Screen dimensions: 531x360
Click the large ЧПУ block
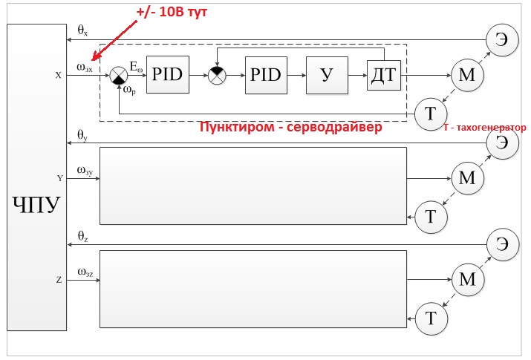pyautogui.click(x=36, y=177)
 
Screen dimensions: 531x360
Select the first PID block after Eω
pyautogui.click(x=168, y=74)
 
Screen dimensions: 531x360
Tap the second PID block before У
pyautogui.click(x=266, y=75)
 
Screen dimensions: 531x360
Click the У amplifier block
pyautogui.click(x=327, y=75)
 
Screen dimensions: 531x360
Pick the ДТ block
pyautogui.click(x=384, y=75)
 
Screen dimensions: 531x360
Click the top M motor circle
pyautogui.click(x=467, y=75)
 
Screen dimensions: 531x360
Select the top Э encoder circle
pyautogui.click(x=502, y=39)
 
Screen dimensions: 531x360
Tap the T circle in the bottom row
pyautogui.click(x=431, y=318)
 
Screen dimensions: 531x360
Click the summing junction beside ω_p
pyautogui.click(x=119, y=76)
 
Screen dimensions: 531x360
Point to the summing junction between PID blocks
pyautogui.click(x=217, y=76)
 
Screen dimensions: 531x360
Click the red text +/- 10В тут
pyautogui.click(x=172, y=12)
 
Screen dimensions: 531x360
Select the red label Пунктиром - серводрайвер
pyautogui.click(x=290, y=127)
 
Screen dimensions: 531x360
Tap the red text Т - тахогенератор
pyautogui.click(x=485, y=128)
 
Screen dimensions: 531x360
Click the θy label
pyautogui.click(x=82, y=135)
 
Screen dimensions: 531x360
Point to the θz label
pyautogui.click(x=82, y=236)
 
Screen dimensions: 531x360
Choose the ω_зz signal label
pyautogui.click(x=85, y=272)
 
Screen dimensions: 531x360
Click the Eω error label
pyautogui.click(x=137, y=67)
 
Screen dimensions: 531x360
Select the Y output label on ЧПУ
pyautogui.click(x=60, y=178)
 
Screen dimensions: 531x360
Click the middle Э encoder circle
pyautogui.click(x=502, y=143)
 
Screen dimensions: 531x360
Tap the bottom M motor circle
pyautogui.click(x=468, y=280)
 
